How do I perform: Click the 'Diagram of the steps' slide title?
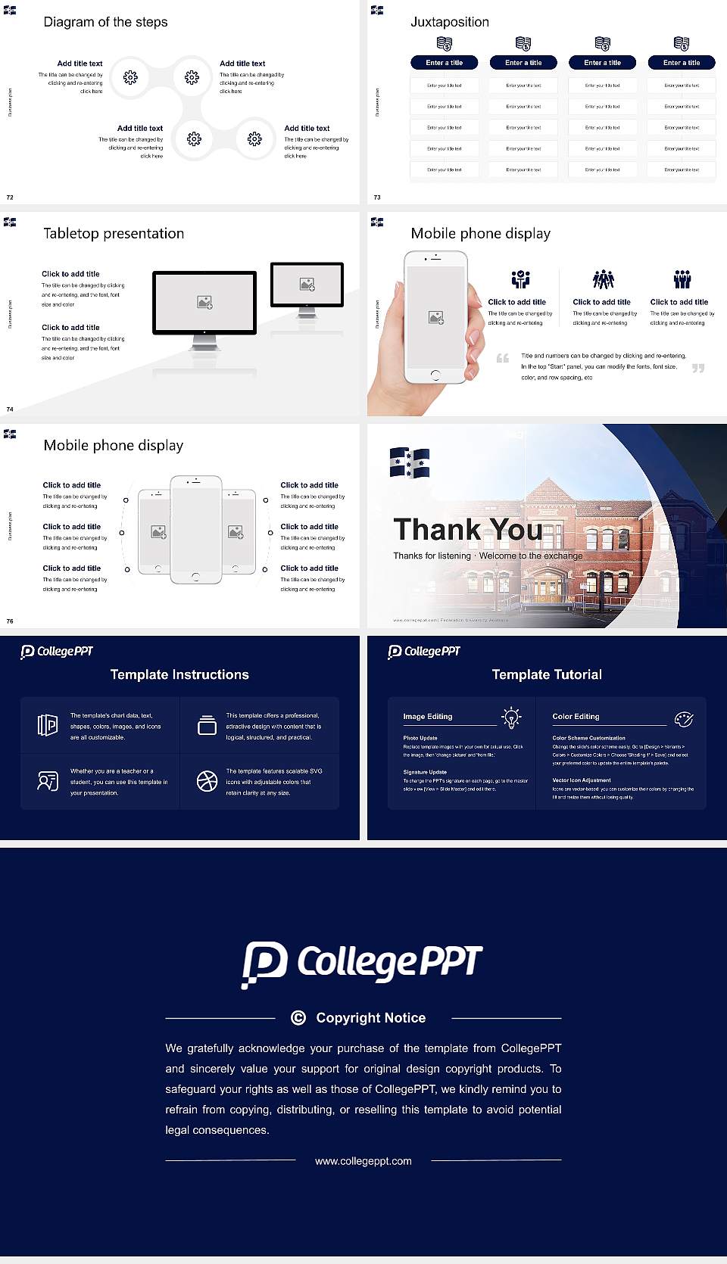(x=105, y=22)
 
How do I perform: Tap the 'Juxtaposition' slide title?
(x=449, y=22)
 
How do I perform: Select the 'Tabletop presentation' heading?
(x=114, y=233)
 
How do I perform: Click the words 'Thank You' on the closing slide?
(x=467, y=529)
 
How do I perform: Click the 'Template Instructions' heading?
(x=179, y=674)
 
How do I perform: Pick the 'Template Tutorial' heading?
(x=547, y=674)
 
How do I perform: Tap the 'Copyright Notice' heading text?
(x=370, y=1018)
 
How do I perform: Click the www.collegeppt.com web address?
(x=363, y=1161)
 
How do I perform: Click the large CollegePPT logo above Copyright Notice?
(x=362, y=963)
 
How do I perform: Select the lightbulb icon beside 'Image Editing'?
(x=512, y=718)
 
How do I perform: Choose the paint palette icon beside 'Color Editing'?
(x=684, y=719)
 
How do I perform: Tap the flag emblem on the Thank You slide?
(x=410, y=462)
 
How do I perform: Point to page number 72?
(x=10, y=198)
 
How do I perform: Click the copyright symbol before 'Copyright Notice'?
(x=298, y=1018)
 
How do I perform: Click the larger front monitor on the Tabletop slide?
(x=204, y=303)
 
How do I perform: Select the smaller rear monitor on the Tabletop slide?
(x=307, y=285)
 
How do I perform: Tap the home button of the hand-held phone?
(x=435, y=375)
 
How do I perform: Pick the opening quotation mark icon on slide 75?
(x=502, y=358)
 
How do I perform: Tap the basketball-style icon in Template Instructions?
(x=207, y=781)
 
